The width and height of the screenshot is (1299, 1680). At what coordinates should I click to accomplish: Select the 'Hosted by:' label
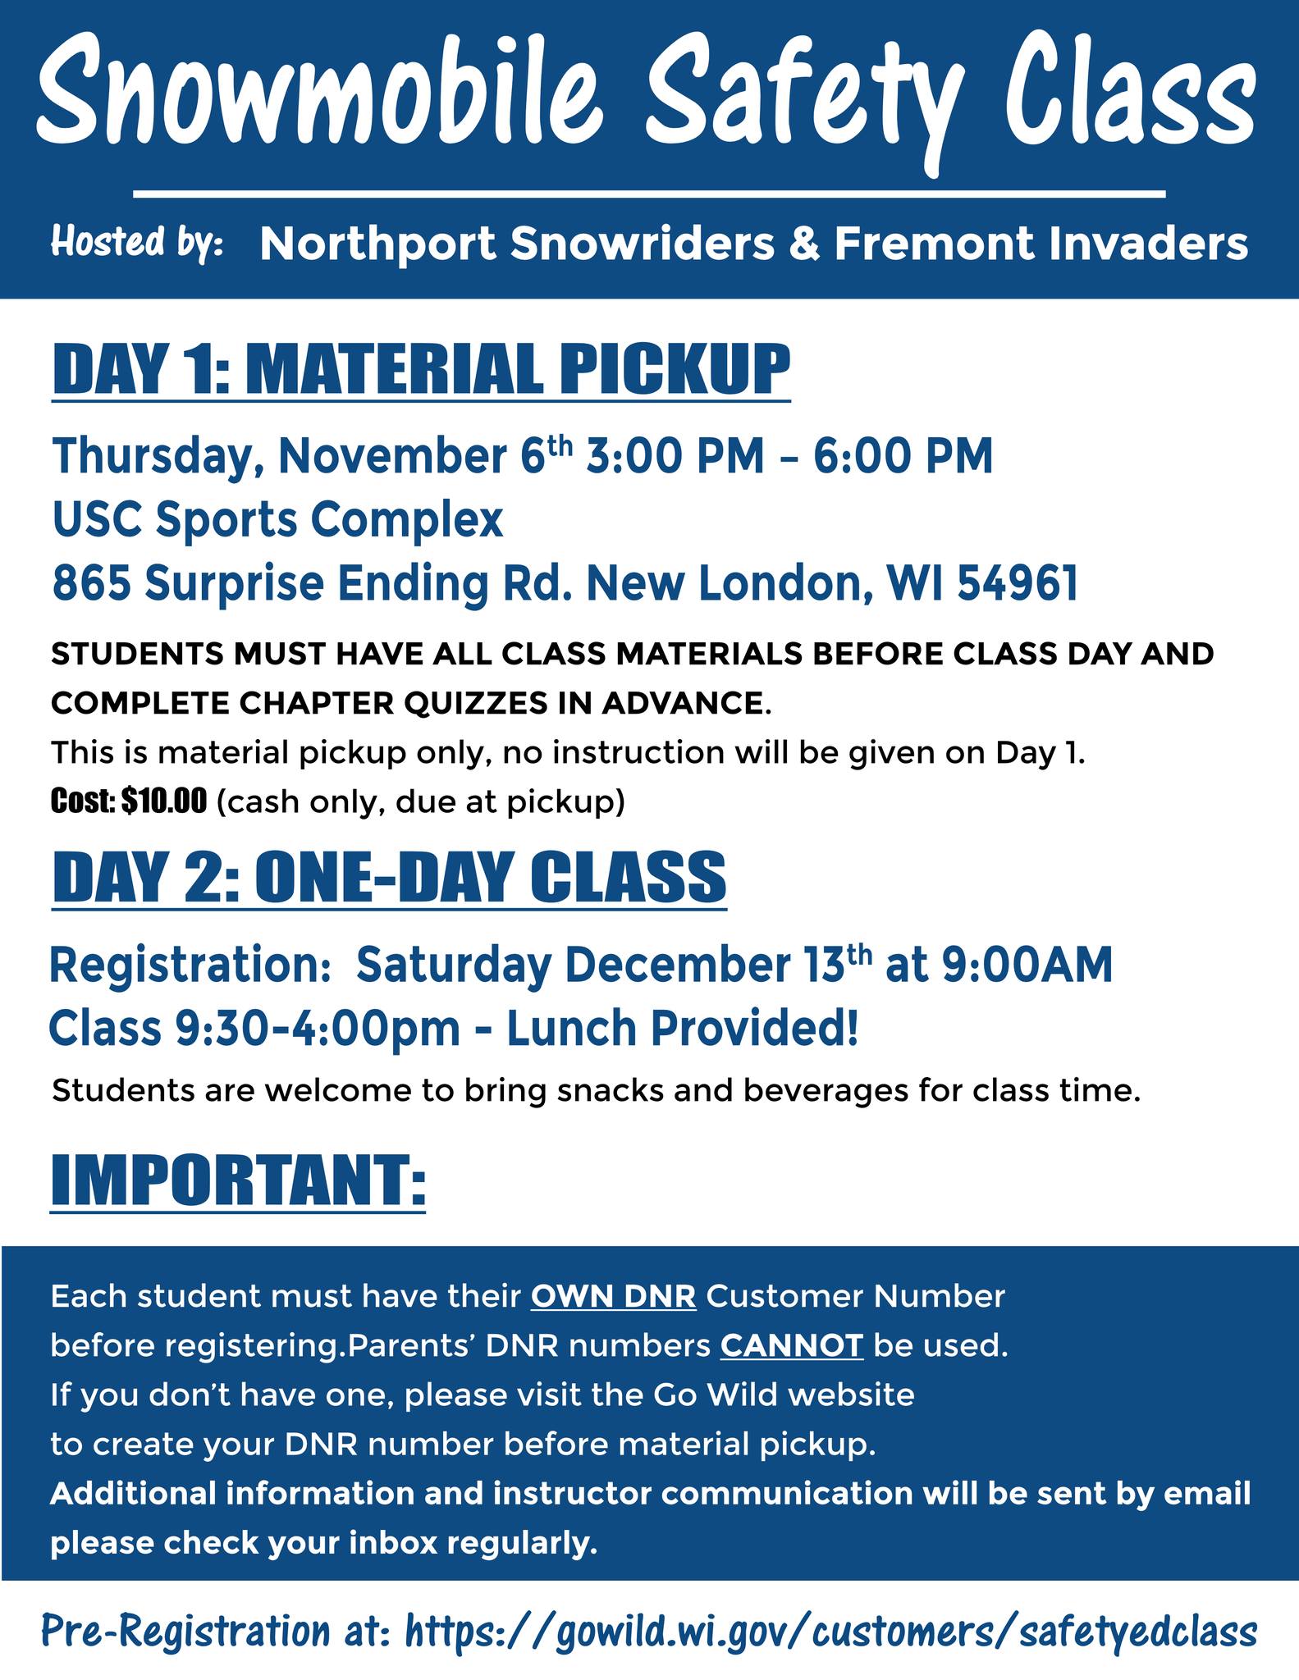click(138, 244)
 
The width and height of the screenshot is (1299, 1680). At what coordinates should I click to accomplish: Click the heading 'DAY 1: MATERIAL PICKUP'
click(421, 370)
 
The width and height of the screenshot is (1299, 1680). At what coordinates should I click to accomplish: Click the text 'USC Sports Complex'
click(277, 522)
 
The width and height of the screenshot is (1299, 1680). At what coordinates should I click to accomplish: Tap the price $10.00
click(164, 801)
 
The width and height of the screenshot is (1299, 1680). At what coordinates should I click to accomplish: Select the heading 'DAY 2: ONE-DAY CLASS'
click(389, 877)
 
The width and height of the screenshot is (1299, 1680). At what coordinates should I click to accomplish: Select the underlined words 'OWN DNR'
click(614, 1297)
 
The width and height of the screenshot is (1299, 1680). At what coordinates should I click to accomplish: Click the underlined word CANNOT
click(792, 1346)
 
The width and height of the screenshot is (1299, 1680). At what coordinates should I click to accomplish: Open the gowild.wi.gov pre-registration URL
click(831, 1632)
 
